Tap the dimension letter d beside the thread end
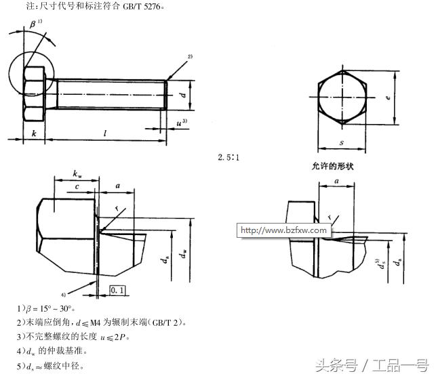(183, 96)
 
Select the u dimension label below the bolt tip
(180, 123)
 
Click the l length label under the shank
(105, 133)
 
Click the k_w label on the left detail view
(78, 175)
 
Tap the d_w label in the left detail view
(184, 254)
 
